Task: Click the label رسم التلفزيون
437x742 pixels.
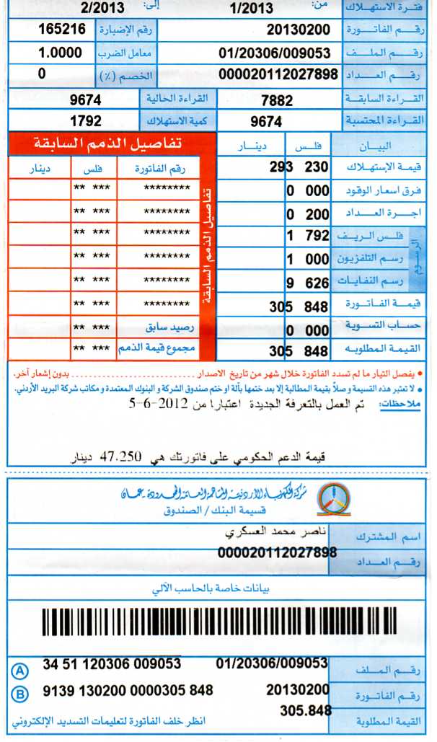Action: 372,259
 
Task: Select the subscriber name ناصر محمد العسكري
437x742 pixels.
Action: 267,534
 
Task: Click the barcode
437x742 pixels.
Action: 219,622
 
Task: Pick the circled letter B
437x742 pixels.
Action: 20,693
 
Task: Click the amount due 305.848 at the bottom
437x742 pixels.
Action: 306,711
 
